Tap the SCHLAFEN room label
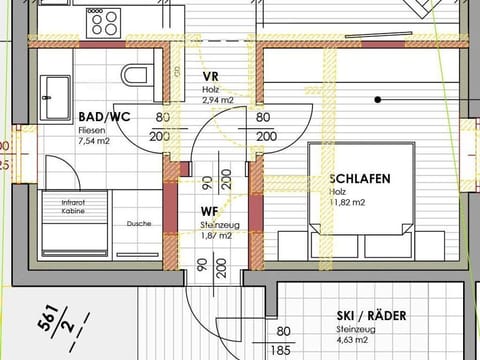click(359, 180)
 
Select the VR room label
click(210, 76)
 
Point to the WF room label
click(209, 211)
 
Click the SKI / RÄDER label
click(372, 316)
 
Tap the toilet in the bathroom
click(134, 75)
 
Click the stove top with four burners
click(103, 22)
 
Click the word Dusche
click(139, 223)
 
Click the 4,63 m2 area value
click(355, 341)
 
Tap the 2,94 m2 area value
click(217, 101)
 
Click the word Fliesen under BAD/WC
click(90, 130)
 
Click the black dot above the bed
click(379, 99)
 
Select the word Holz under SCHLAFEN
click(339, 192)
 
